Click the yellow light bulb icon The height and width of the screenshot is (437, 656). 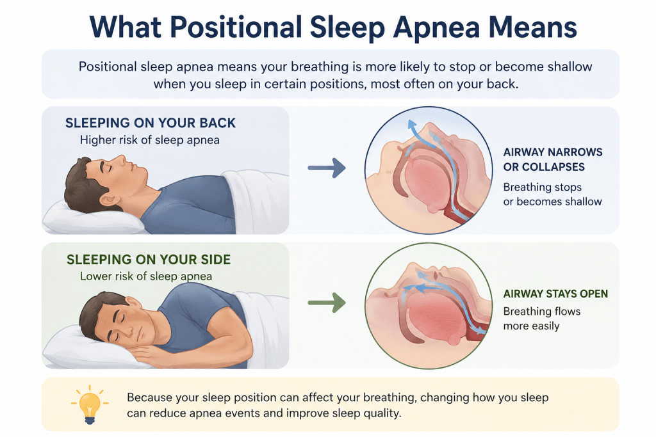(90, 404)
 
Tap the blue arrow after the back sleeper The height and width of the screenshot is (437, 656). (327, 168)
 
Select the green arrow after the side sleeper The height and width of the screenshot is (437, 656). (327, 303)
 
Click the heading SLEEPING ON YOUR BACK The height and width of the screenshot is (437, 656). (151, 123)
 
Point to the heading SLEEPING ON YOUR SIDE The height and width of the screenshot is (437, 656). (149, 259)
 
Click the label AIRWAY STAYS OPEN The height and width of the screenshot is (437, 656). (555, 294)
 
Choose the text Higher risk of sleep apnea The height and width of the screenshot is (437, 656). (150, 140)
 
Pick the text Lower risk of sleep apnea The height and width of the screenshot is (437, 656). (146, 276)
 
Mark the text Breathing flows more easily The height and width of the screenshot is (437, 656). (542, 319)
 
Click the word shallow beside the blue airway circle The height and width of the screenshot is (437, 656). (583, 202)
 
